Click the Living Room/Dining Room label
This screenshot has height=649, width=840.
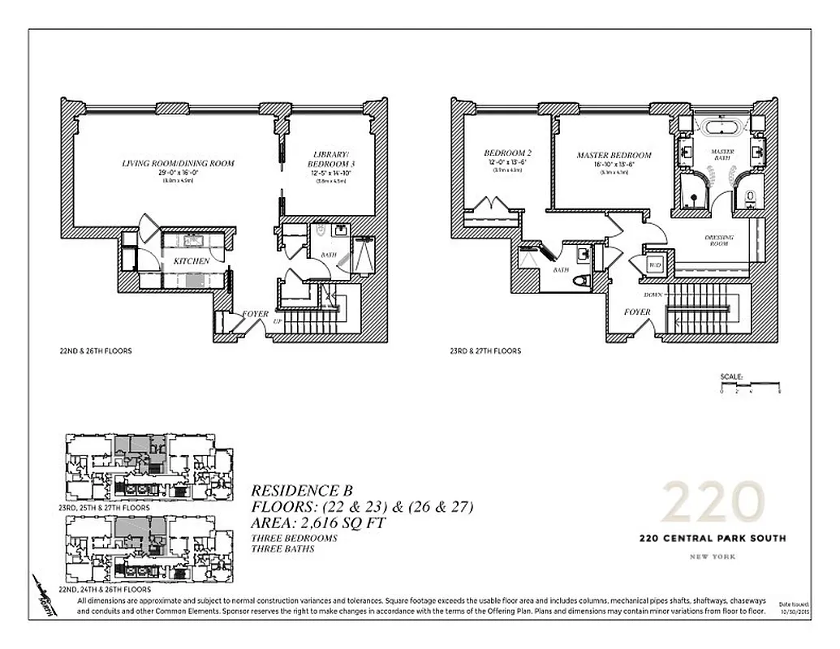pyautogui.click(x=178, y=164)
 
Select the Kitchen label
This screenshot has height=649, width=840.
pyautogui.click(x=191, y=261)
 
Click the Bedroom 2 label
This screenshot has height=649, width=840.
pyautogui.click(x=507, y=154)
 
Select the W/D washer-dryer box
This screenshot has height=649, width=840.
pyautogui.click(x=654, y=265)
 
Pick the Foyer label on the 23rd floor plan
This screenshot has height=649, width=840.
pyautogui.click(x=637, y=312)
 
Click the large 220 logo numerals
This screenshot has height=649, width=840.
pyautogui.click(x=713, y=504)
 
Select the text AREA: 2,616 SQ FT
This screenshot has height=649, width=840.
pyautogui.click(x=317, y=523)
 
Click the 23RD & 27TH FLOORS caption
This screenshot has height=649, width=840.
pyautogui.click(x=485, y=351)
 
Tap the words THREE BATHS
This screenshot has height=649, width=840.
pyautogui.click(x=282, y=549)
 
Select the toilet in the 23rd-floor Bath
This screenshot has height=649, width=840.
pyautogui.click(x=580, y=281)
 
